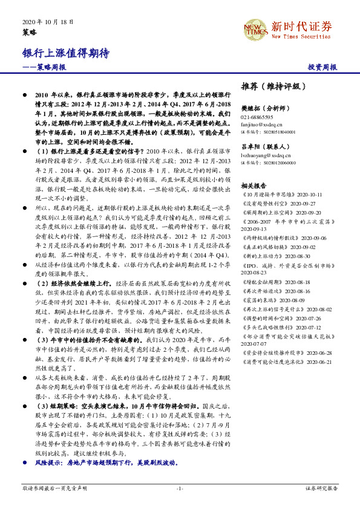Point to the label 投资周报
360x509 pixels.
click(x=322, y=67)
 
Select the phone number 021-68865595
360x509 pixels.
click(x=257, y=117)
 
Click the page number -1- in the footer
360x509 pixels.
click(x=180, y=488)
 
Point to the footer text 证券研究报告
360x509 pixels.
click(x=322, y=488)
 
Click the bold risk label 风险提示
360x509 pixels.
click(x=50, y=462)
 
